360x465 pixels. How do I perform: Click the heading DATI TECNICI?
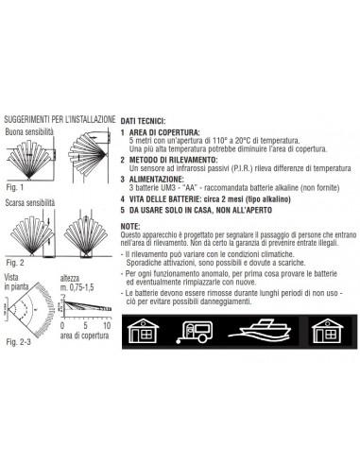pos(143,121)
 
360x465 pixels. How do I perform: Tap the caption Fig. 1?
pos(15,187)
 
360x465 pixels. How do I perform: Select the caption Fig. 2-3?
pos(19,342)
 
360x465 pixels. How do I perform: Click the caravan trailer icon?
pos(194,332)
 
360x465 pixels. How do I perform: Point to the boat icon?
pos(259,331)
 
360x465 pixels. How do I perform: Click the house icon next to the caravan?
pos(143,332)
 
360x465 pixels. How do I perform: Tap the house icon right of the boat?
pos(328,332)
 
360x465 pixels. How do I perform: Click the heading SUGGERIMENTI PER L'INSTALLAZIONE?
pos(60,120)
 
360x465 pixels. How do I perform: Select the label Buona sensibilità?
pos(29,132)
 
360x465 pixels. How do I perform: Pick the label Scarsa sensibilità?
pos(30,203)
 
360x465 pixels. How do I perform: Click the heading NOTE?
pos(130,227)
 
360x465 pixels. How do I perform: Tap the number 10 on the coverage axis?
pos(108,325)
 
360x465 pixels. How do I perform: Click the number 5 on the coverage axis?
pos(85,325)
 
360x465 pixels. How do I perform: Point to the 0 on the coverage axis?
pos(62,325)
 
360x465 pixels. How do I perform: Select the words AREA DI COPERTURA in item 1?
pos(164,132)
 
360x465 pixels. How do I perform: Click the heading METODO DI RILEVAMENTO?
pos(173,160)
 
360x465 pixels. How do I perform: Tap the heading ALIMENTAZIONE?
pos(157,180)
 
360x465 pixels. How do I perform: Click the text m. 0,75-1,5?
pos(77,287)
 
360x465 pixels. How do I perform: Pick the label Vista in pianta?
pos(16,282)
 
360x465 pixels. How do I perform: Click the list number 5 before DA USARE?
pos(123,210)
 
